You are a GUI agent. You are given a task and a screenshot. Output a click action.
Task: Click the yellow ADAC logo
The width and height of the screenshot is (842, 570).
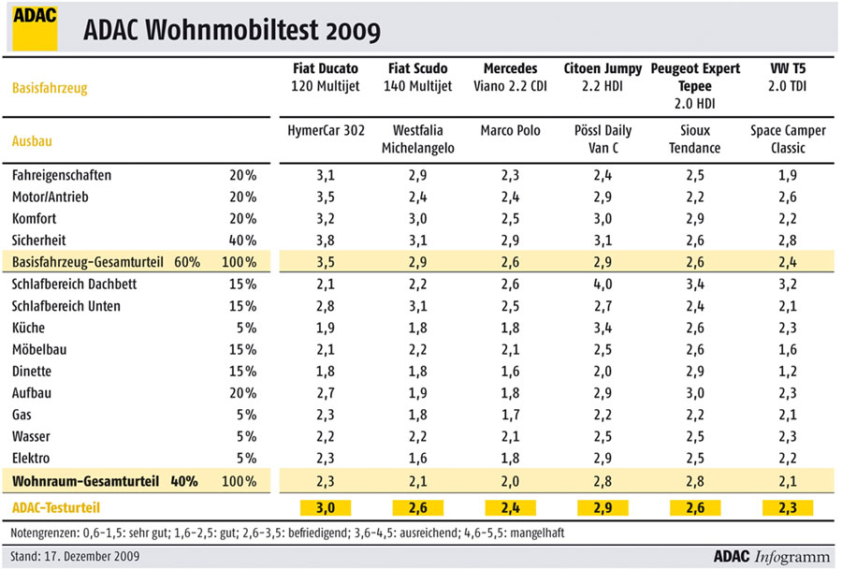(x=35, y=28)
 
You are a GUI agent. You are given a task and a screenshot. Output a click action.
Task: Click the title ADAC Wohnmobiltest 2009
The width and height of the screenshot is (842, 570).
(x=232, y=30)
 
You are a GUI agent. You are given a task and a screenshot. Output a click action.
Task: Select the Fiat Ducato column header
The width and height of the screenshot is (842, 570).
(x=326, y=78)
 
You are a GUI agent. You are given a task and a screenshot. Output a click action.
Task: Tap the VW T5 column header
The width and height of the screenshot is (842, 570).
(x=788, y=78)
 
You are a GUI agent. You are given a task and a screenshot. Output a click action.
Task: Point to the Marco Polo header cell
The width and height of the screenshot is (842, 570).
(x=510, y=130)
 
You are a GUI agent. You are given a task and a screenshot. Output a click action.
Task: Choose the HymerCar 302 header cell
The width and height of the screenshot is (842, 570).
(x=326, y=130)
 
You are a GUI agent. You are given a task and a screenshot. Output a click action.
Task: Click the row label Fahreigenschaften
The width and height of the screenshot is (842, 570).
(x=62, y=176)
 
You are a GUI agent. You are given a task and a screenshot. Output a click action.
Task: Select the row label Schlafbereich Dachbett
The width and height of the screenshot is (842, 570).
(x=74, y=285)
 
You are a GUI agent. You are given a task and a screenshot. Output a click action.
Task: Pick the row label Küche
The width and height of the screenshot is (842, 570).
(x=28, y=328)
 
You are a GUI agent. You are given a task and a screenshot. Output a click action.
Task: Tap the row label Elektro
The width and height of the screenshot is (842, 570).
(x=31, y=459)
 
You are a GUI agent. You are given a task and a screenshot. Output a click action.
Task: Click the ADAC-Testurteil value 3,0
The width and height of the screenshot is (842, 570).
(x=326, y=507)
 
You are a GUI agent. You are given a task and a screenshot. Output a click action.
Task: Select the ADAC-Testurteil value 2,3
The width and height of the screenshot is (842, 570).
(x=788, y=507)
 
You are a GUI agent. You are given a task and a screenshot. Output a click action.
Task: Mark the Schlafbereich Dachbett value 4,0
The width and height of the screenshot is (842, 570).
(x=602, y=285)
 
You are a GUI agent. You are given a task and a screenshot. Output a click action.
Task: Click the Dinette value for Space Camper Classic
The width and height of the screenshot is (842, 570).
(x=788, y=372)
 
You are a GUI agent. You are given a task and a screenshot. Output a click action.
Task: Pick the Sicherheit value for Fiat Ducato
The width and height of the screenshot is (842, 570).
(x=326, y=241)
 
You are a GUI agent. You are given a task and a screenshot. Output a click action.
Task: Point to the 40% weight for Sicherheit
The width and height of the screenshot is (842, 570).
(x=242, y=241)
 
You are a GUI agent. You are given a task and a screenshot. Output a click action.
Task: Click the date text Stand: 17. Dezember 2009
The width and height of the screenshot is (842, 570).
(x=75, y=557)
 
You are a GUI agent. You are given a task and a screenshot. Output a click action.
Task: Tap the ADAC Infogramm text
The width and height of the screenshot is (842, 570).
(x=772, y=557)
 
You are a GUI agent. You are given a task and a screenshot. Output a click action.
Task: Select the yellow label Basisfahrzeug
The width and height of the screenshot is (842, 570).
(x=50, y=88)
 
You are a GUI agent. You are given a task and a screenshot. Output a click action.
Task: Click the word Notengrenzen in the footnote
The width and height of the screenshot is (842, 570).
(x=44, y=533)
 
